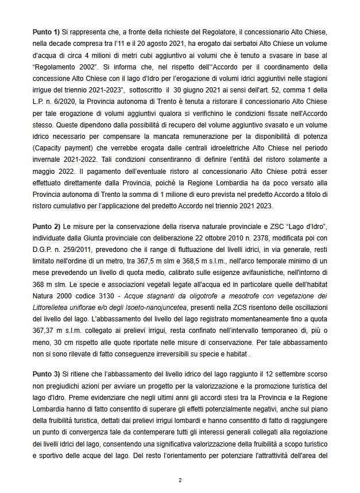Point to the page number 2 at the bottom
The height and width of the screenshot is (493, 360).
click(x=180, y=480)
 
